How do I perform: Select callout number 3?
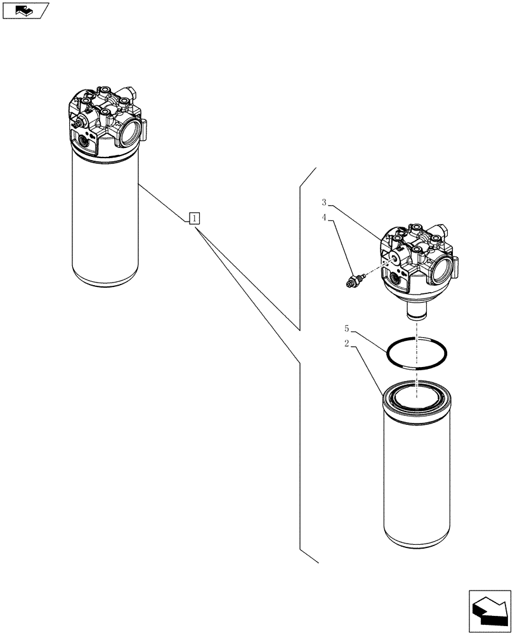pyautogui.click(x=324, y=203)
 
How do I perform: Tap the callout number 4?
pyautogui.click(x=324, y=217)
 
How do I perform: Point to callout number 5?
pyautogui.click(x=346, y=329)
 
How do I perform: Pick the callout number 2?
pyautogui.click(x=346, y=344)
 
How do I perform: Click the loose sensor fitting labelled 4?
pyautogui.click(x=353, y=281)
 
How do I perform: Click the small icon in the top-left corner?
pyautogui.click(x=25, y=10)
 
